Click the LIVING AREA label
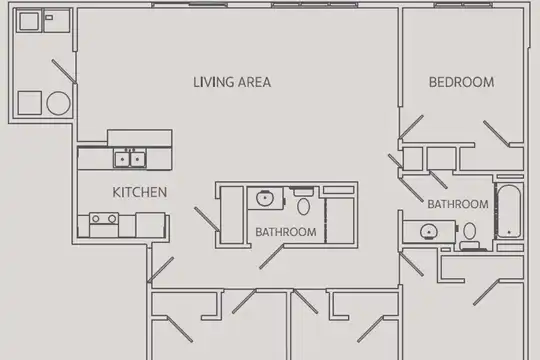click(232, 82)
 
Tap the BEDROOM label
click(461, 82)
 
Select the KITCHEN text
click(139, 192)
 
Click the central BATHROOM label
click(286, 232)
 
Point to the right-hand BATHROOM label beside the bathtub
click(458, 204)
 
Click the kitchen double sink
click(130, 159)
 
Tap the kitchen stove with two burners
click(104, 225)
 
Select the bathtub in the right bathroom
click(509, 211)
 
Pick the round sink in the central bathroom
click(265, 198)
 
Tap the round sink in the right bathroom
click(429, 232)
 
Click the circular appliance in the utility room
click(58, 103)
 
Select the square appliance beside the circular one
click(30, 103)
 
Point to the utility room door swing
click(64, 71)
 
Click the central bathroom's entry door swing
click(272, 257)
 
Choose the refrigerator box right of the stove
click(150, 225)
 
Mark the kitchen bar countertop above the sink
click(140, 138)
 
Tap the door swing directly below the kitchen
click(160, 270)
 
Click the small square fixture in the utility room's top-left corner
click(29, 21)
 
